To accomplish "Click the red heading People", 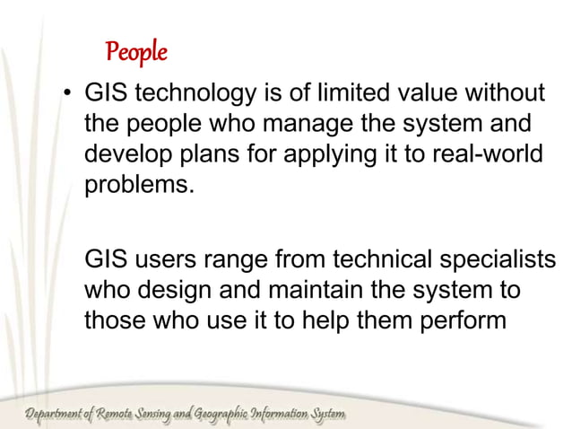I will point(136,53).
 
